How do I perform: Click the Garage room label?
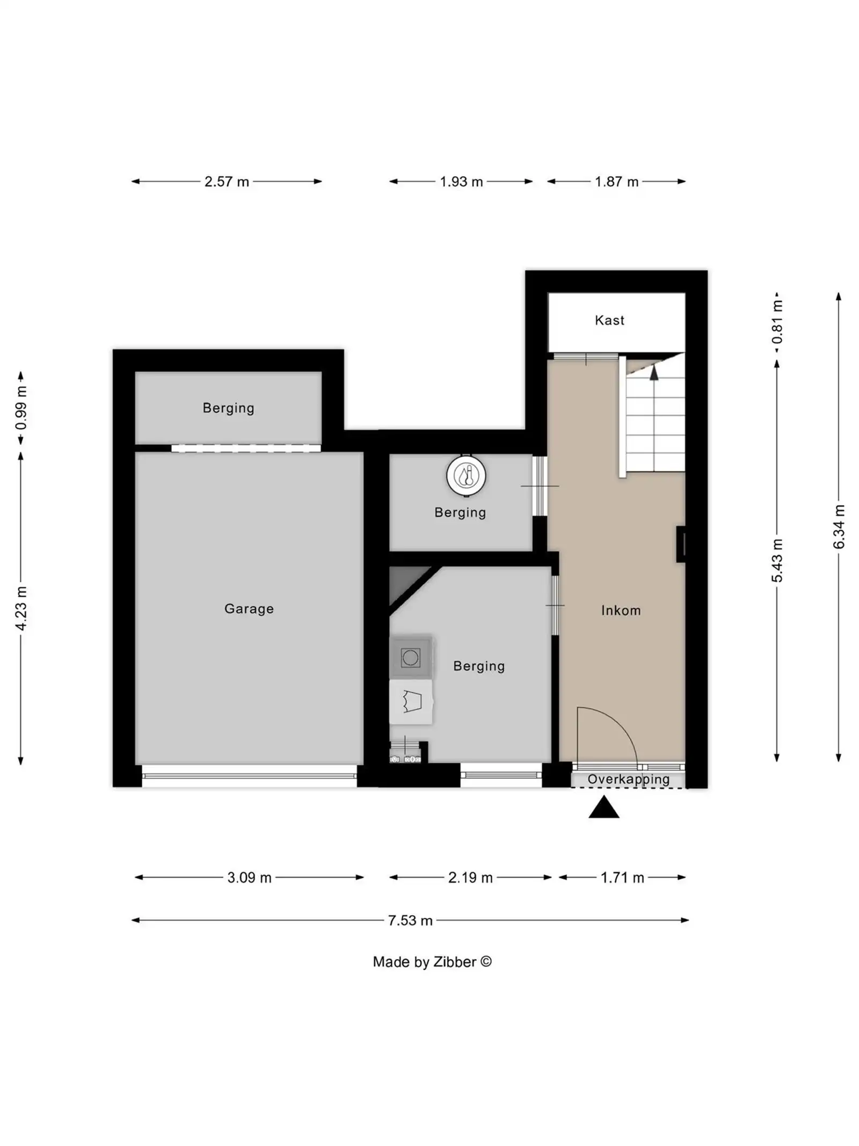249,609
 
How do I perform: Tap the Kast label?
609,320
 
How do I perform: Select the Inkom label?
621,610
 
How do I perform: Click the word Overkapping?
628,779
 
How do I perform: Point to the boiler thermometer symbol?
466,475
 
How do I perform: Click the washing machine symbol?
410,658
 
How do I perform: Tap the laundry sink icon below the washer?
411,702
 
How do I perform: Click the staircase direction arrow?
653,372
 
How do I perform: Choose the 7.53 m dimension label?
410,920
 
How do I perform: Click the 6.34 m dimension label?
839,527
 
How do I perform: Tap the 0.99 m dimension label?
21,408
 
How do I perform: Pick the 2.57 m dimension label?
227,182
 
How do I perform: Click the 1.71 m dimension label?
622,878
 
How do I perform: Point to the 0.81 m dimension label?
777,321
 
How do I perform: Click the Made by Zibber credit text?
432,962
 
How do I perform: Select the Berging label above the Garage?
228,408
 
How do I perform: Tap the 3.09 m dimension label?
249,878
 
